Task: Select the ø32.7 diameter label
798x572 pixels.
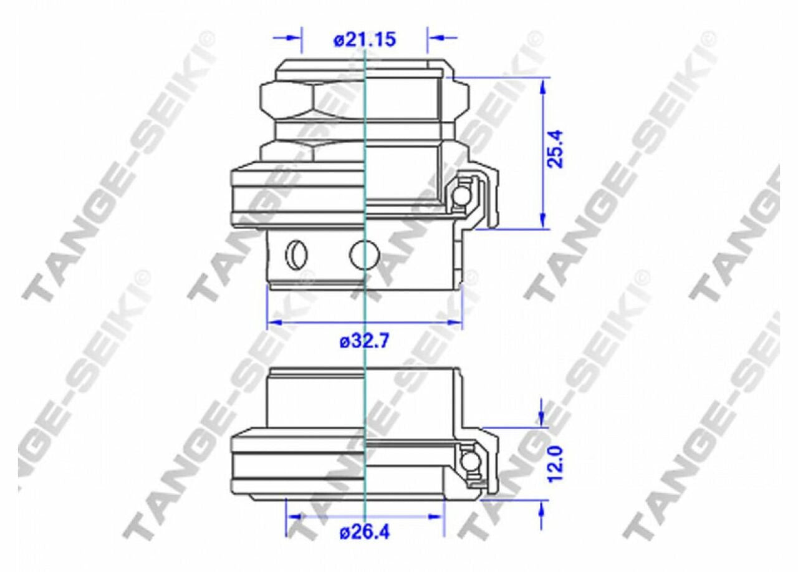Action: [x=364, y=342]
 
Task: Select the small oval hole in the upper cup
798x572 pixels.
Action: [x=297, y=254]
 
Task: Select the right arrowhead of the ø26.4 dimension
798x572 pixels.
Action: [x=436, y=517]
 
